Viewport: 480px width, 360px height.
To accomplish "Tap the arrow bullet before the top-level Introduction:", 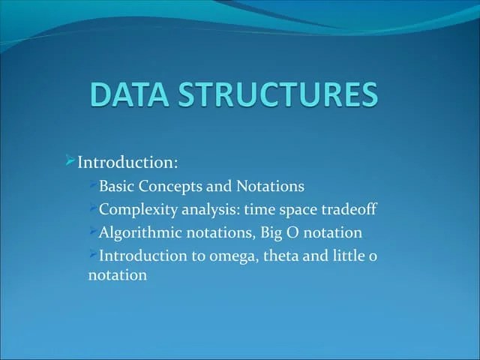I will click(69, 160).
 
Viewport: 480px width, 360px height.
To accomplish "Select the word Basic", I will click(117, 185).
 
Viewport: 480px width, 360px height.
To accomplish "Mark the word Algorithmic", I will click(139, 232).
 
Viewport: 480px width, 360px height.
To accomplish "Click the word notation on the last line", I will click(117, 275).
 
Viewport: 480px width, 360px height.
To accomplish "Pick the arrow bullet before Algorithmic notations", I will click(93, 231).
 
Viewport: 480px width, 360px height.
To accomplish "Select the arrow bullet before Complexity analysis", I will click(93, 208).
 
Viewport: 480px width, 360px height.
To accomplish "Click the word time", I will click(259, 209).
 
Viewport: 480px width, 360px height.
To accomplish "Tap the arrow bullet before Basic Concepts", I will click(93, 184).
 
